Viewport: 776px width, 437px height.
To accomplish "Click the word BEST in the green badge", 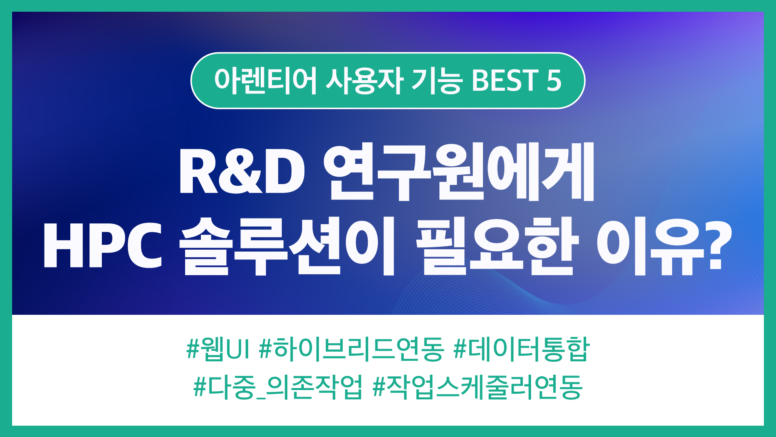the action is pos(504,80).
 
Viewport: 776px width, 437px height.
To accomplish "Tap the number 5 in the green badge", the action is pos(554,80).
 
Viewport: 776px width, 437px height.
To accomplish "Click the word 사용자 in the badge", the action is pos(365,81).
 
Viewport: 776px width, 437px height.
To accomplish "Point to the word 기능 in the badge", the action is pos(437,81).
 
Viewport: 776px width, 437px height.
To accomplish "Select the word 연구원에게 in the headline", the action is pos(459,172).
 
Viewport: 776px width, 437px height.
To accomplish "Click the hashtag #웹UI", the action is pos(218,349).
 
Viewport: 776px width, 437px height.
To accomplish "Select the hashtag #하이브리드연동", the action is pos(351,349).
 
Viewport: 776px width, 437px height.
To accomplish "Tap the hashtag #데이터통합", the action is pos(521,349).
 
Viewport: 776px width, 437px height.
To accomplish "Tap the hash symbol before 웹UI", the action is pos(193,349).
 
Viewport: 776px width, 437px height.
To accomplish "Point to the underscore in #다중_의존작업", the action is pos(261,398).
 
